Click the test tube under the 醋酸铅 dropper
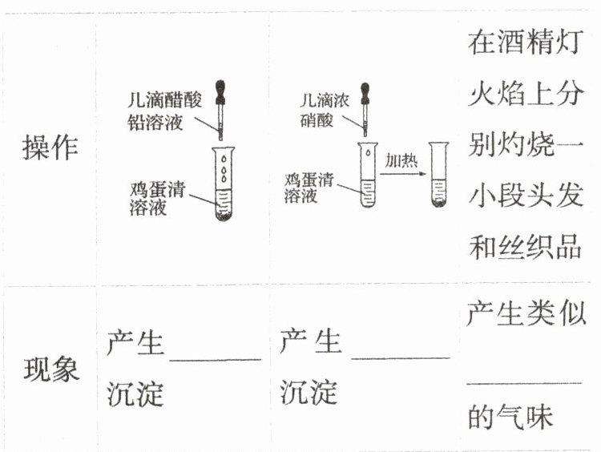222,184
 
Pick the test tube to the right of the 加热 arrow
438,174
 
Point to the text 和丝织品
524,247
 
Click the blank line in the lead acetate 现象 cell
215,360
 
